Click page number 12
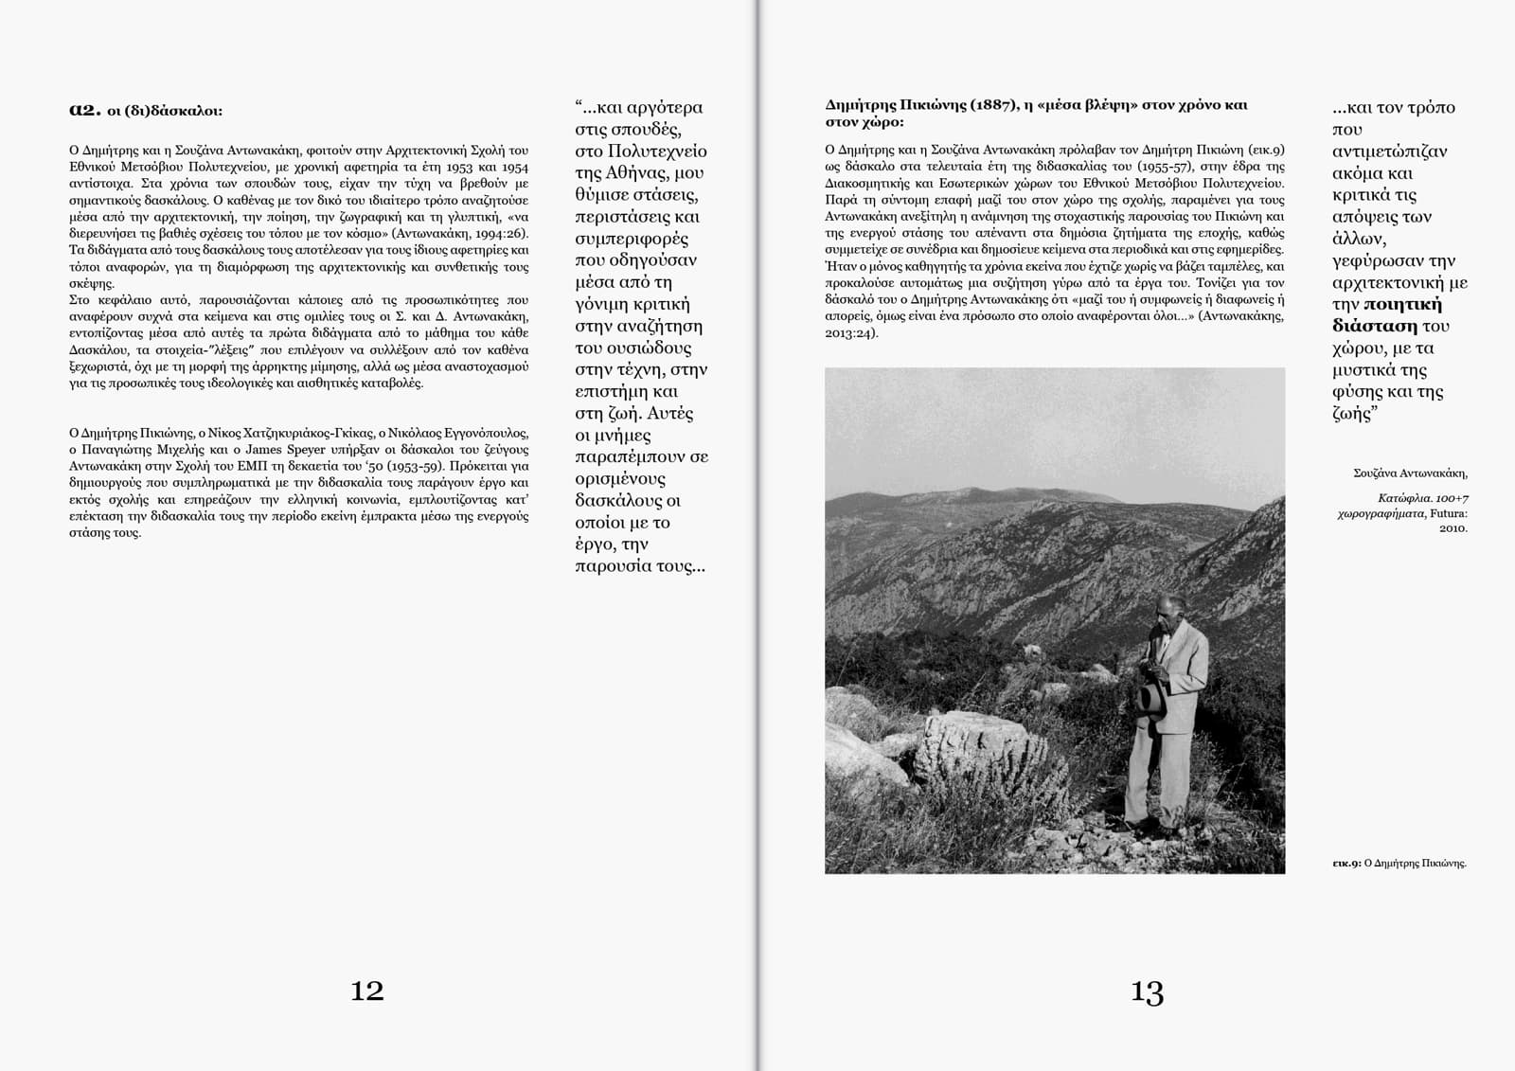pyautogui.click(x=366, y=991)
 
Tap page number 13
pyautogui.click(x=1147, y=992)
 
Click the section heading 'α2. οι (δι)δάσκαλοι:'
pyautogui.click(x=146, y=110)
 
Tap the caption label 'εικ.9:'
pyautogui.click(x=1346, y=863)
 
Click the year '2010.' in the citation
pyautogui.click(x=1453, y=527)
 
